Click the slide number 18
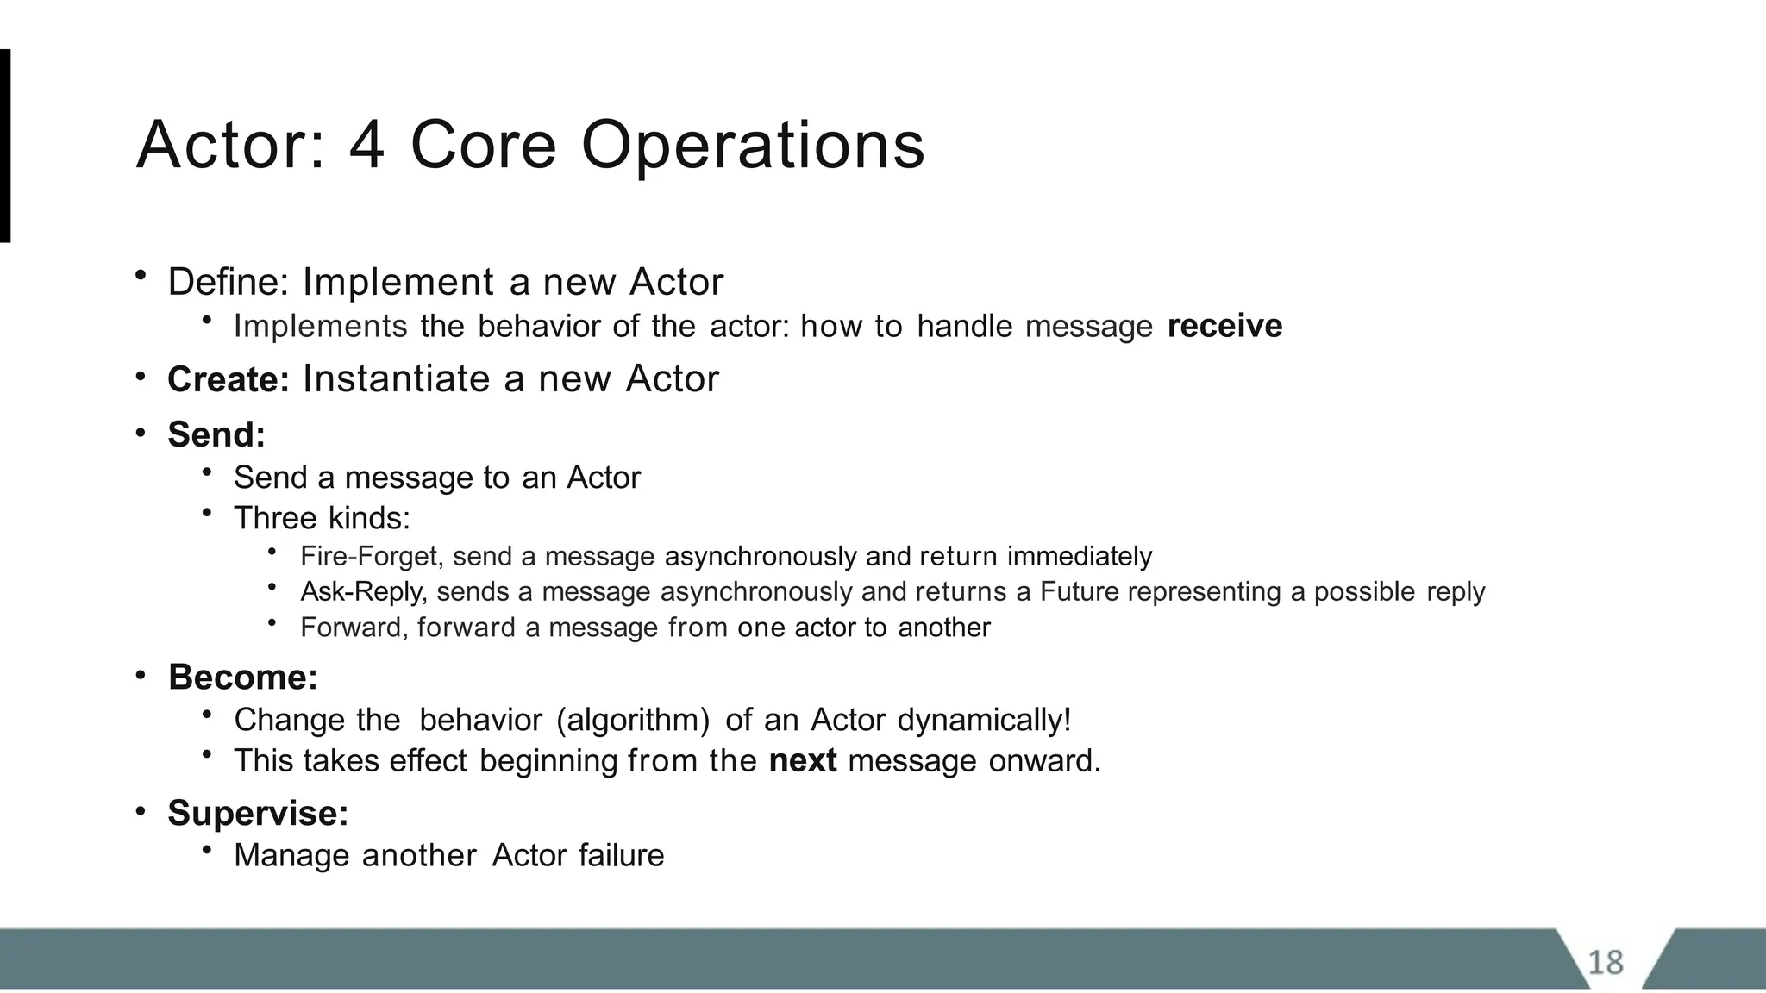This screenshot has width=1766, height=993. (x=1605, y=962)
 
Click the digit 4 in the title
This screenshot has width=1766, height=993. (x=366, y=145)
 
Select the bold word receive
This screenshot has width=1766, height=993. (x=1224, y=327)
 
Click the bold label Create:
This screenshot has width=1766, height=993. (x=229, y=380)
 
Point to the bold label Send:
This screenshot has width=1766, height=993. (x=216, y=434)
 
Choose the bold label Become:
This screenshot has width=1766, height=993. (x=243, y=678)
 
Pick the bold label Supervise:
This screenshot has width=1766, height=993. (x=258, y=814)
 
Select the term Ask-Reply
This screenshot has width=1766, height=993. (x=363, y=592)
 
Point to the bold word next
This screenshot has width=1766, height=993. (x=802, y=761)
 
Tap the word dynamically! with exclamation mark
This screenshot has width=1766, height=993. (x=984, y=720)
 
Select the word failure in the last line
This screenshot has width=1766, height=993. (x=621, y=856)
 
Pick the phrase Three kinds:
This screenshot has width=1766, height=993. (x=322, y=518)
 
